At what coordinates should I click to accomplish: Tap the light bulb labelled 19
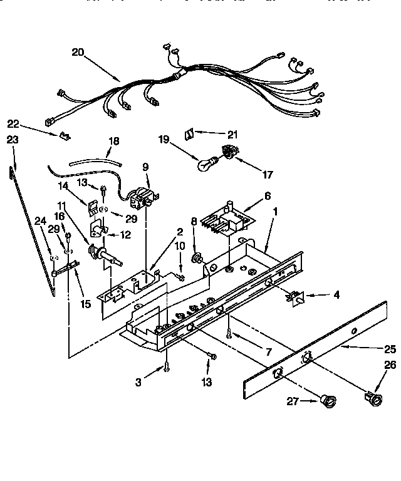tap(205, 164)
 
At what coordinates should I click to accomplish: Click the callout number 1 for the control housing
tap(274, 212)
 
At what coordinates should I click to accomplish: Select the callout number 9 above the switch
tap(145, 167)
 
